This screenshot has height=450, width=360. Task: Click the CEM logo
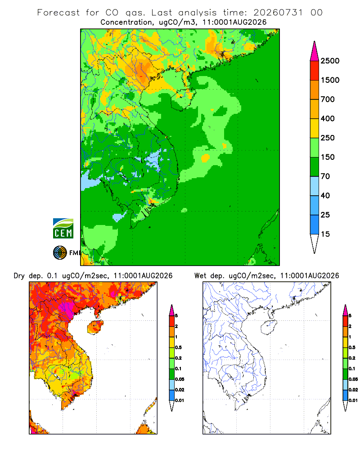point(63,229)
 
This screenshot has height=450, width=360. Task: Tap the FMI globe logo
point(60,253)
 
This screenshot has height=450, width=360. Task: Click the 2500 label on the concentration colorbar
point(330,61)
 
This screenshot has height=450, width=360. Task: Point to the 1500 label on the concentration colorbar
point(330,80)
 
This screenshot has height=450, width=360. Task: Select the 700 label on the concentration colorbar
point(328,99)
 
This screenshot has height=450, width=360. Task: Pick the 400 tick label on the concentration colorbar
point(328,118)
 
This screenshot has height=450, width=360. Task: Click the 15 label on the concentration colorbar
point(325,234)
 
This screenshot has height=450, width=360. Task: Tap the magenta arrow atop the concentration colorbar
point(315,52)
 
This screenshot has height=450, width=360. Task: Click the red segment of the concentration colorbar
point(315,71)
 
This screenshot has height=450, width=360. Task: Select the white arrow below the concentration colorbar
point(315,243)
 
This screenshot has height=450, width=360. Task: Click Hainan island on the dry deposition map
point(95,327)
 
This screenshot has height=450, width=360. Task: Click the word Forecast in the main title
point(58,13)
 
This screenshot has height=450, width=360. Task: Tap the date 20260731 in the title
point(278,13)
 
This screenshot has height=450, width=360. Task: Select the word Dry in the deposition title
point(19,276)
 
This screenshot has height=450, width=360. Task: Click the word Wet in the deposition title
point(200,275)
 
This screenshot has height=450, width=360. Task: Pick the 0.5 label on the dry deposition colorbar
point(178,347)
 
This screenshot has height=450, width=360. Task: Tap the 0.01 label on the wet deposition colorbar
point(353,400)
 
